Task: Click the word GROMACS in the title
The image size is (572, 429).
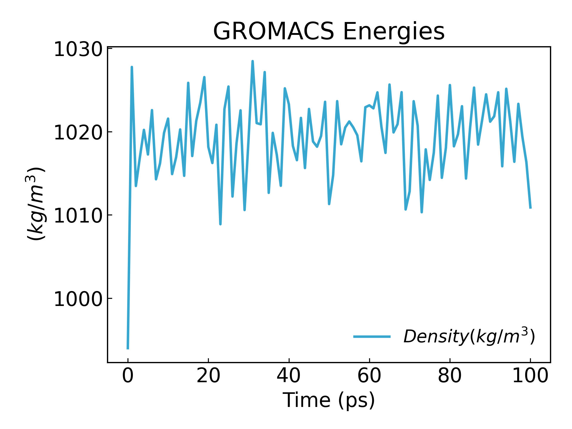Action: (274, 31)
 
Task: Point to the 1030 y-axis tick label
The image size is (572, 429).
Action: (78, 49)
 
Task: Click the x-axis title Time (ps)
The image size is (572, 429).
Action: (329, 400)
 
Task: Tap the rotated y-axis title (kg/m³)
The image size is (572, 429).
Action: (35, 204)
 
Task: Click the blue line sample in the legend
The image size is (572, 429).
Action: (372, 337)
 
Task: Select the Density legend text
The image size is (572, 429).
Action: (469, 336)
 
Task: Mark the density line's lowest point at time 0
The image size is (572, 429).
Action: (128, 348)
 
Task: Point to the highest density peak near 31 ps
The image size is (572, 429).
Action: (252, 61)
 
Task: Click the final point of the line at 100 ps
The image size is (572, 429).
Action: (530, 208)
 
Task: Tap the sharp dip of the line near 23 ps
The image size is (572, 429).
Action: (220, 224)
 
